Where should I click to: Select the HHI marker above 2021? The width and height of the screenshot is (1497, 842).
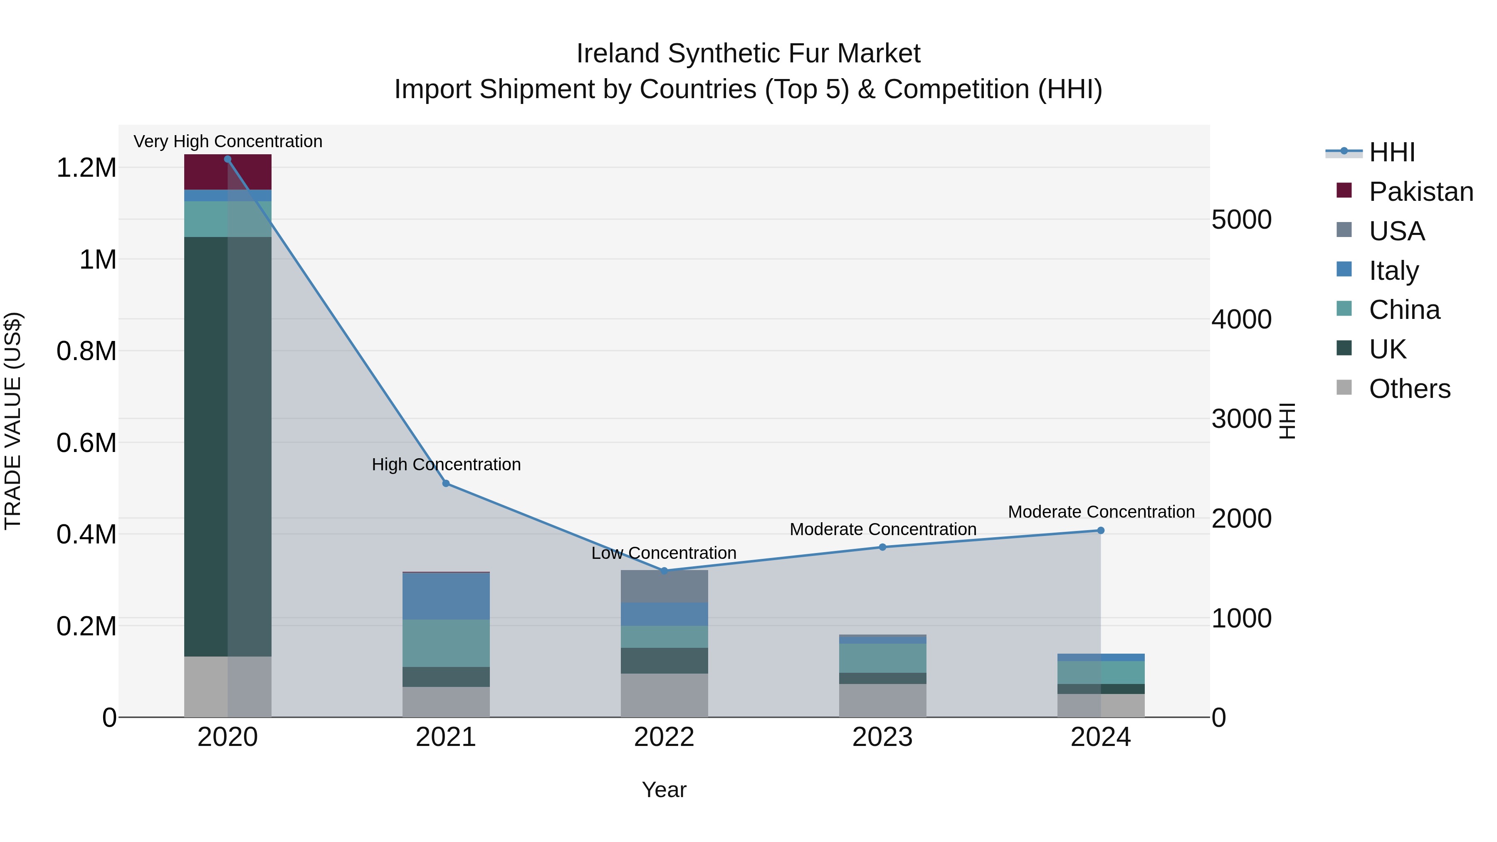[x=446, y=484]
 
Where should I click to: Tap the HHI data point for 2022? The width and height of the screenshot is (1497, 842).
[x=664, y=570]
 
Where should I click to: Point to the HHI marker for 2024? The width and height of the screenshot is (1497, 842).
[x=1101, y=531]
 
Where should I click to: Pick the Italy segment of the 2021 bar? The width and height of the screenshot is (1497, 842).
[x=446, y=596]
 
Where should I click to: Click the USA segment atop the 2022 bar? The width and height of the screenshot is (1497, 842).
[x=664, y=586]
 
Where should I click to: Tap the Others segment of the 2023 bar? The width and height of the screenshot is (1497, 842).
[x=882, y=700]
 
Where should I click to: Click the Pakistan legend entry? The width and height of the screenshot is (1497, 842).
[x=1420, y=192]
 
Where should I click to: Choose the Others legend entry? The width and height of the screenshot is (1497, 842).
[x=1409, y=389]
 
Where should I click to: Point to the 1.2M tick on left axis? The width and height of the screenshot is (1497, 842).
[x=86, y=168]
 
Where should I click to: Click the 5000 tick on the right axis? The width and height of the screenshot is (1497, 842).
[x=1241, y=220]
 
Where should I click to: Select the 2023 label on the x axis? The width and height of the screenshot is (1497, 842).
[x=882, y=737]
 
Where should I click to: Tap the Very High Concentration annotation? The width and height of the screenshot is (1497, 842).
[x=228, y=142]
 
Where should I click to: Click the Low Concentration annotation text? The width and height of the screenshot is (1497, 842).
[x=664, y=553]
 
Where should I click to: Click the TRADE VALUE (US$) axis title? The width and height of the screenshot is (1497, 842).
[x=13, y=421]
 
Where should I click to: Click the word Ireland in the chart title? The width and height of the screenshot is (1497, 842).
[x=618, y=54]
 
